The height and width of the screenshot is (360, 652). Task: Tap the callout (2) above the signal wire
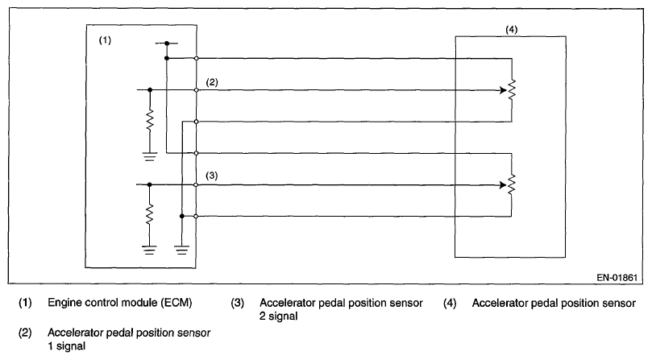[212, 82]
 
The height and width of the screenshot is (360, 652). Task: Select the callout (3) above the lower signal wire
[212, 175]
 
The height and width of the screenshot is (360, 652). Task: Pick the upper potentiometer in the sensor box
[512, 89]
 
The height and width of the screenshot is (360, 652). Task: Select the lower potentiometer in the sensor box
[512, 184]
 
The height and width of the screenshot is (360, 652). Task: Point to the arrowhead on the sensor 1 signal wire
[500, 89]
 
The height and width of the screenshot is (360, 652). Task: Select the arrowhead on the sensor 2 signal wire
[500, 184]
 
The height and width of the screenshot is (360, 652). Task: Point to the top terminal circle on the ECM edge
[197, 58]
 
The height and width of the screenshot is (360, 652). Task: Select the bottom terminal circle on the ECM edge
[197, 216]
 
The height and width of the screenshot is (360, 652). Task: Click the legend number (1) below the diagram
[27, 304]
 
